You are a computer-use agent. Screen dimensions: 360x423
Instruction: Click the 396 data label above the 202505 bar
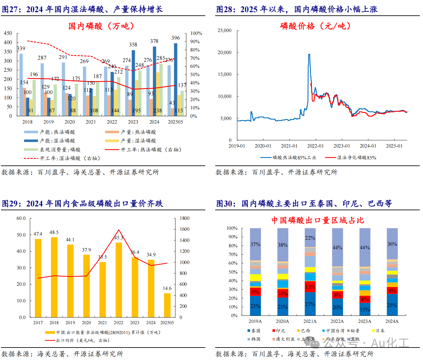(175, 38)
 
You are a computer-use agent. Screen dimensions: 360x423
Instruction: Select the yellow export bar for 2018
(54, 277)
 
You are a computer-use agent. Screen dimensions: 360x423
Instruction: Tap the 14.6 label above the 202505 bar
(167, 288)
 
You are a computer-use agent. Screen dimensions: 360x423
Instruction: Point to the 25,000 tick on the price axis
(224, 30)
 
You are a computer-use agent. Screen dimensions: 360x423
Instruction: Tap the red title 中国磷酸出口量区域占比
(318, 220)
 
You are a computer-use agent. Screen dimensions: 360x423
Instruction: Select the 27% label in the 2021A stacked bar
(310, 304)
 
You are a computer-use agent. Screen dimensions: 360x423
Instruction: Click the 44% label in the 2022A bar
(337, 247)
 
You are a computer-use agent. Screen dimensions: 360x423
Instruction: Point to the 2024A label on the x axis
(392, 321)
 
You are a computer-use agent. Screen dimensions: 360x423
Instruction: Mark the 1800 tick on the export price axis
(184, 218)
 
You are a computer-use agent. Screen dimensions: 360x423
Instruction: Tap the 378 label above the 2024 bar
(154, 41)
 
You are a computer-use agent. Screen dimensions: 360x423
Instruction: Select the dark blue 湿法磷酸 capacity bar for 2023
(133, 83)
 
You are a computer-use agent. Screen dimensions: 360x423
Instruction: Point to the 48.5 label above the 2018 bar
(54, 232)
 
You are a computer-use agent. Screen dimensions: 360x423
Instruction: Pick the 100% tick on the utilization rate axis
(196, 33)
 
